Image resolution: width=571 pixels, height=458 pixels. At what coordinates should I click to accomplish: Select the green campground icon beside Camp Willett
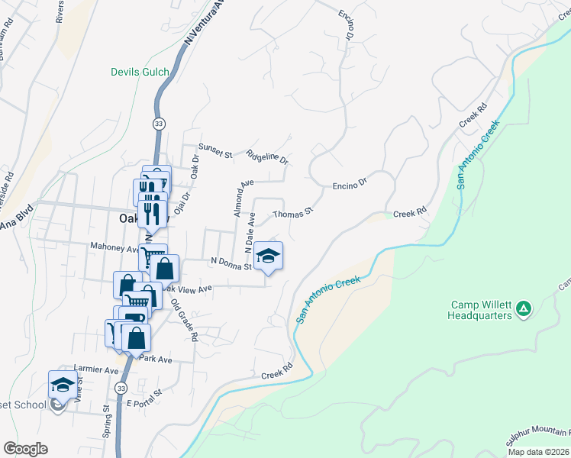coord(523,308)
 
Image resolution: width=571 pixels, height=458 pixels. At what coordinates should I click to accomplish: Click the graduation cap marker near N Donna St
coord(268,256)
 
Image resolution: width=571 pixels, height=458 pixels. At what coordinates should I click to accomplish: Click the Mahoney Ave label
coord(115,247)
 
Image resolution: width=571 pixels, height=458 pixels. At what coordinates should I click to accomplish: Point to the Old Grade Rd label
coord(185,319)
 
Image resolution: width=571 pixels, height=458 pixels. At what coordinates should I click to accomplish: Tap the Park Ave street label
coord(156,359)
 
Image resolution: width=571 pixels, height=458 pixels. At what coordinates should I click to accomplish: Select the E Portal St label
coord(145,398)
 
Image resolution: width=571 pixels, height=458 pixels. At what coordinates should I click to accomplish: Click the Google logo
coord(25,448)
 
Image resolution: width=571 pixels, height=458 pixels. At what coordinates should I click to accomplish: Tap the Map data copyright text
coord(538,452)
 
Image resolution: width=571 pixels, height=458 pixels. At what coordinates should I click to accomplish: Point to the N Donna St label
coord(231,263)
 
